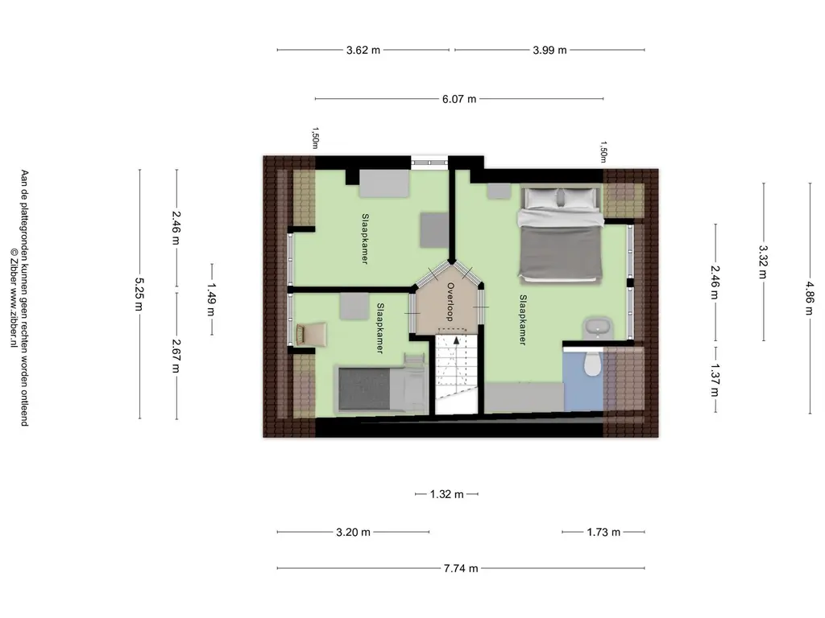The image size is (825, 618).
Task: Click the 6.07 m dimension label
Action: pyautogui.click(x=458, y=99)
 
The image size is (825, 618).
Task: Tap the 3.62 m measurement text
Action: pyautogui.click(x=363, y=50)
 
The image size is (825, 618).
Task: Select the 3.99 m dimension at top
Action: pyautogui.click(x=549, y=50)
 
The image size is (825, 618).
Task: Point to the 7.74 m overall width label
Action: pyautogui.click(x=461, y=568)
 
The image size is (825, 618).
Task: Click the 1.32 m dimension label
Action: pyautogui.click(x=446, y=494)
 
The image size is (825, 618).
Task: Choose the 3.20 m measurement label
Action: pyautogui.click(x=353, y=532)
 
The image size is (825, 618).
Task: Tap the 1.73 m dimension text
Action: pyautogui.click(x=603, y=532)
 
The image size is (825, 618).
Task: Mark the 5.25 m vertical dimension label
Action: pyautogui.click(x=139, y=295)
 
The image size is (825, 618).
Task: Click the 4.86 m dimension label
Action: pyautogui.click(x=809, y=298)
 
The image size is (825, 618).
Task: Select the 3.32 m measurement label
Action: pyautogui.click(x=763, y=262)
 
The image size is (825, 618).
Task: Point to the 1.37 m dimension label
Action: pyautogui.click(x=715, y=380)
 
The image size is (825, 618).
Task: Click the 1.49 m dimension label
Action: pyautogui.click(x=211, y=299)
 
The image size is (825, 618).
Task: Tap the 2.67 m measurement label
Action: pyautogui.click(x=176, y=355)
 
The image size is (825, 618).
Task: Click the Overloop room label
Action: pyautogui.click(x=450, y=302)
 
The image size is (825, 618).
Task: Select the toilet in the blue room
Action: pyautogui.click(x=593, y=364)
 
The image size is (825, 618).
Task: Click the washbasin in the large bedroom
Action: pyautogui.click(x=597, y=328)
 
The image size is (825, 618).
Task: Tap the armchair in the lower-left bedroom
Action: pyautogui.click(x=312, y=334)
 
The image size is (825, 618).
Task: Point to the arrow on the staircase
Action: pyautogui.click(x=456, y=340)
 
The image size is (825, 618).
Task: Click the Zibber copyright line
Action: pyautogui.click(x=14, y=298)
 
